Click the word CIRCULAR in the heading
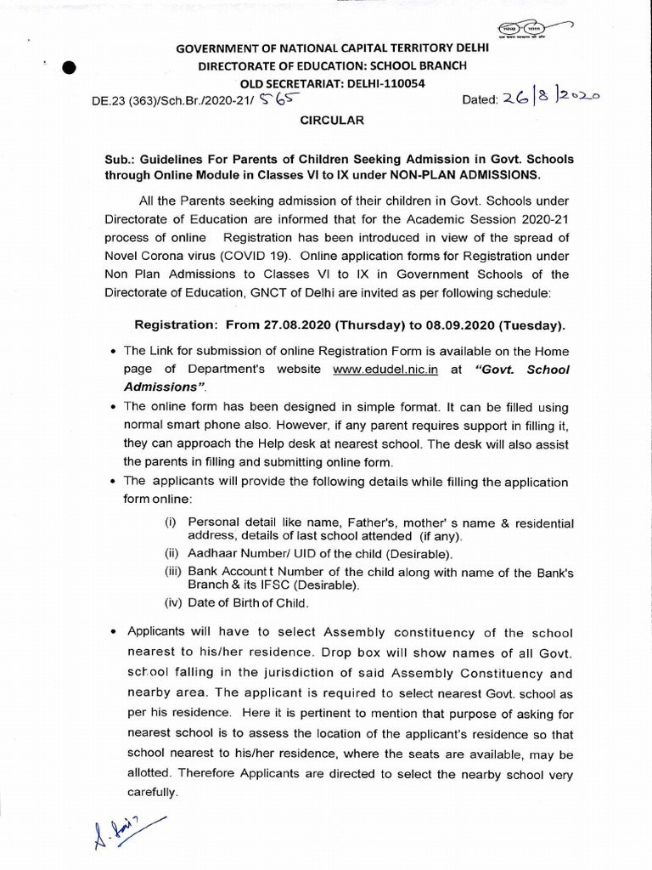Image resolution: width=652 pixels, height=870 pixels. tap(332, 121)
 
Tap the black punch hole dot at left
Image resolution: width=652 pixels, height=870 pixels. tap(70, 70)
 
